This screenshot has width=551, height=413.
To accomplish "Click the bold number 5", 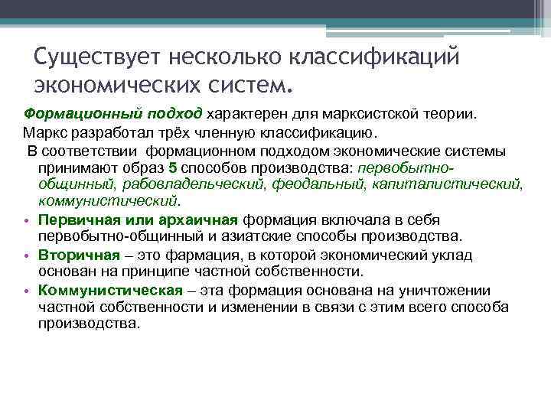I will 172,167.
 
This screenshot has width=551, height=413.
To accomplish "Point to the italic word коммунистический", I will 108,202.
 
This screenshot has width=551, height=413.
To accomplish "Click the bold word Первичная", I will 73,220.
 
